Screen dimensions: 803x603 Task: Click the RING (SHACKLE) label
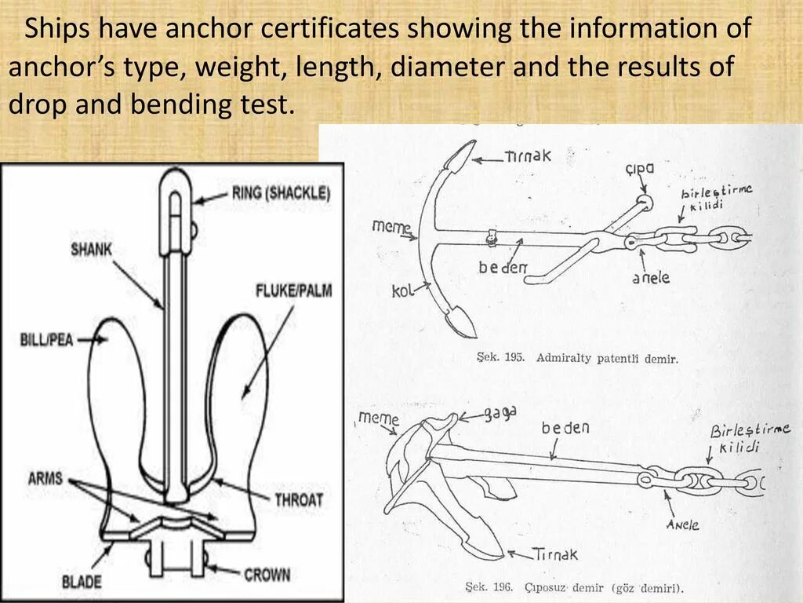[x=281, y=193]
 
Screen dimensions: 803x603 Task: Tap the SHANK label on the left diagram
[x=92, y=250]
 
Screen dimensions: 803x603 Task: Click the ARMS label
[x=45, y=477]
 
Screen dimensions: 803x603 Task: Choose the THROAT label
[x=298, y=499]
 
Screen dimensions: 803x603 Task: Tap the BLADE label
[x=81, y=582]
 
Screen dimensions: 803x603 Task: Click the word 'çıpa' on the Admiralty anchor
[x=640, y=169]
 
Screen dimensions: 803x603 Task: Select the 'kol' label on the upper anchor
[x=401, y=292]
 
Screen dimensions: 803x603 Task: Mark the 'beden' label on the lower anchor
[x=565, y=429]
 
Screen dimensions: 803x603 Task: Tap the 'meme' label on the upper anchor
[x=391, y=227]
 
